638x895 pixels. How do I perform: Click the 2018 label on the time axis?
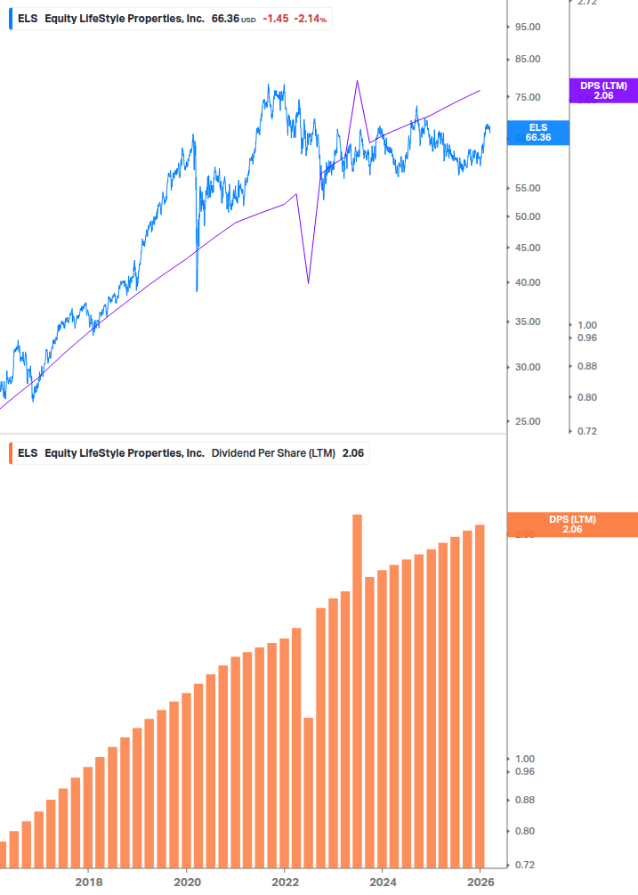[88, 882]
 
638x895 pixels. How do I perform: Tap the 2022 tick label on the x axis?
[285, 882]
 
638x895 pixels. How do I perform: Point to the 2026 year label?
[480, 882]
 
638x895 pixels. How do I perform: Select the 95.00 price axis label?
[528, 27]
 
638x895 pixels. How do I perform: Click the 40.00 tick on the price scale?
[528, 282]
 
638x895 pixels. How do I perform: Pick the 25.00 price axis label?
[528, 421]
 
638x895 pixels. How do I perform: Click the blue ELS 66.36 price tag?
[537, 133]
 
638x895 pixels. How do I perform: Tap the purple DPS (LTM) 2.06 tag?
[603, 90]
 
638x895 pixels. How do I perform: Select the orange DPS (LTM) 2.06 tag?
[571, 525]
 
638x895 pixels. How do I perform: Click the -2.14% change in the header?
[311, 18]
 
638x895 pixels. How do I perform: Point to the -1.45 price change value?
[275, 18]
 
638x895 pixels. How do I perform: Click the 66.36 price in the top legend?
[226, 18]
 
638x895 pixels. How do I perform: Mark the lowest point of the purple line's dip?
[308, 283]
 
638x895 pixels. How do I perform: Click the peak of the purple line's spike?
[357, 81]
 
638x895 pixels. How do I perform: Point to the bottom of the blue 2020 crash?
[197, 290]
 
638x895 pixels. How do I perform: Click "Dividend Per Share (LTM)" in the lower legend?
[273, 453]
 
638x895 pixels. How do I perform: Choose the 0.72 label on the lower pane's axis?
[528, 865]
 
